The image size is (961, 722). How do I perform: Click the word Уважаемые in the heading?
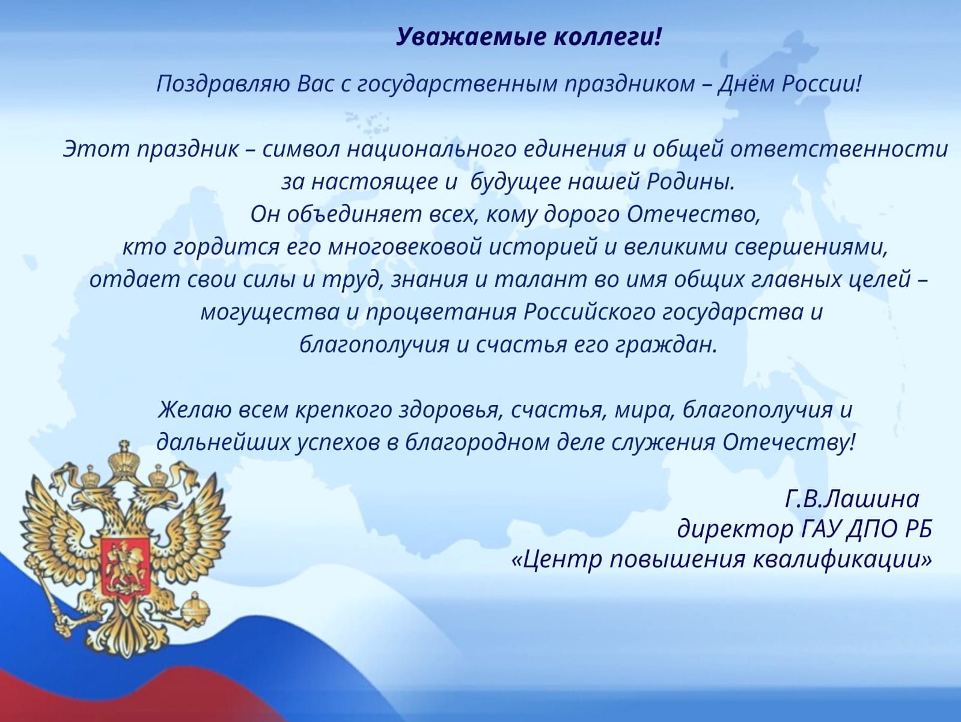point(470,37)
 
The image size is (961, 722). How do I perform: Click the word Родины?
point(691,181)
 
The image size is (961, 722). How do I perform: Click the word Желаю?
point(195,410)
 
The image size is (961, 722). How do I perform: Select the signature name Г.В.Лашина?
point(852,499)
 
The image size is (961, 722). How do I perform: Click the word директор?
point(736,529)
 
